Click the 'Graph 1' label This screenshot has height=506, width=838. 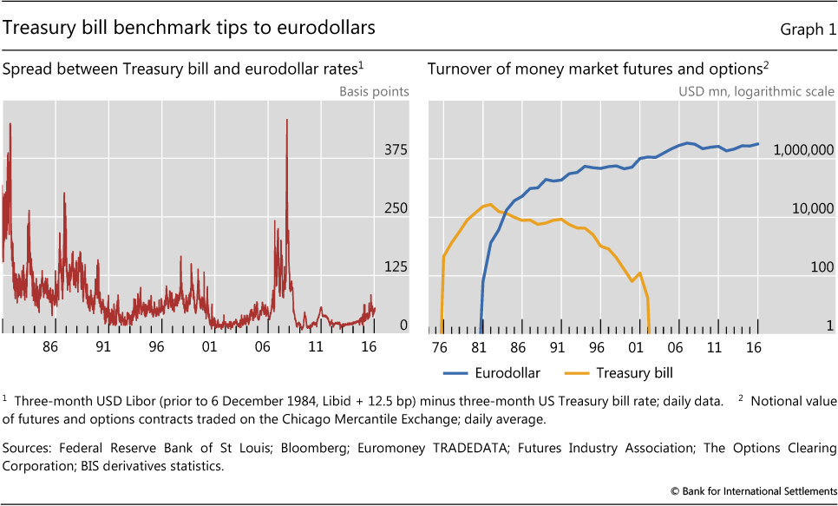click(x=807, y=30)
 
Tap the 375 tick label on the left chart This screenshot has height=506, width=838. click(x=396, y=151)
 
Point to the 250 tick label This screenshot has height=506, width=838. click(x=396, y=209)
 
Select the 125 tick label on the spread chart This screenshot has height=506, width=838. click(x=396, y=267)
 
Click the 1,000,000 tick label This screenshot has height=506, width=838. click(x=797, y=151)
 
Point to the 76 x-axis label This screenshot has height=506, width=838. click(x=440, y=346)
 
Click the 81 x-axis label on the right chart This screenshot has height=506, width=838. click(x=479, y=346)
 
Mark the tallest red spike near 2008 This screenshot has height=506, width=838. click(x=286, y=122)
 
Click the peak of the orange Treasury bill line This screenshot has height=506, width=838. click(x=490, y=205)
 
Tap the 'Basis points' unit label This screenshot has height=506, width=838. click(x=374, y=91)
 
